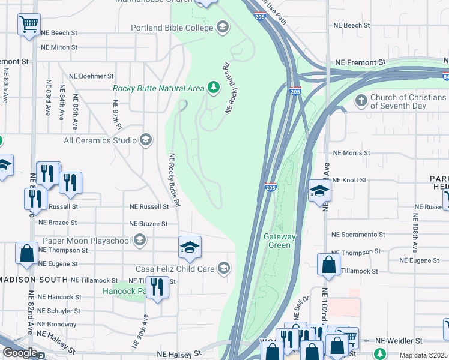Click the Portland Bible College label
[x=172, y=28]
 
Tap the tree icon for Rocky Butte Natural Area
[x=213, y=88]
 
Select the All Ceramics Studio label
[x=101, y=141]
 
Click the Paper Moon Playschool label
[x=86, y=241]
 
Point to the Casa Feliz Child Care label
[x=175, y=269]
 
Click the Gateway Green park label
[x=280, y=241]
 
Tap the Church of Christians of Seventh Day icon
[x=361, y=100]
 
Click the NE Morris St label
[x=351, y=153]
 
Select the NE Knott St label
[x=349, y=180]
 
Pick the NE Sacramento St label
[x=358, y=234]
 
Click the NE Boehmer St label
[x=91, y=76]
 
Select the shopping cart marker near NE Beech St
[x=29, y=25]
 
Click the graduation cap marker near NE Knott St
[x=320, y=192]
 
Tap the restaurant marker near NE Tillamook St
[x=157, y=286]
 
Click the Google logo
[x=20, y=353]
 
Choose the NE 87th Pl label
[x=117, y=114]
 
